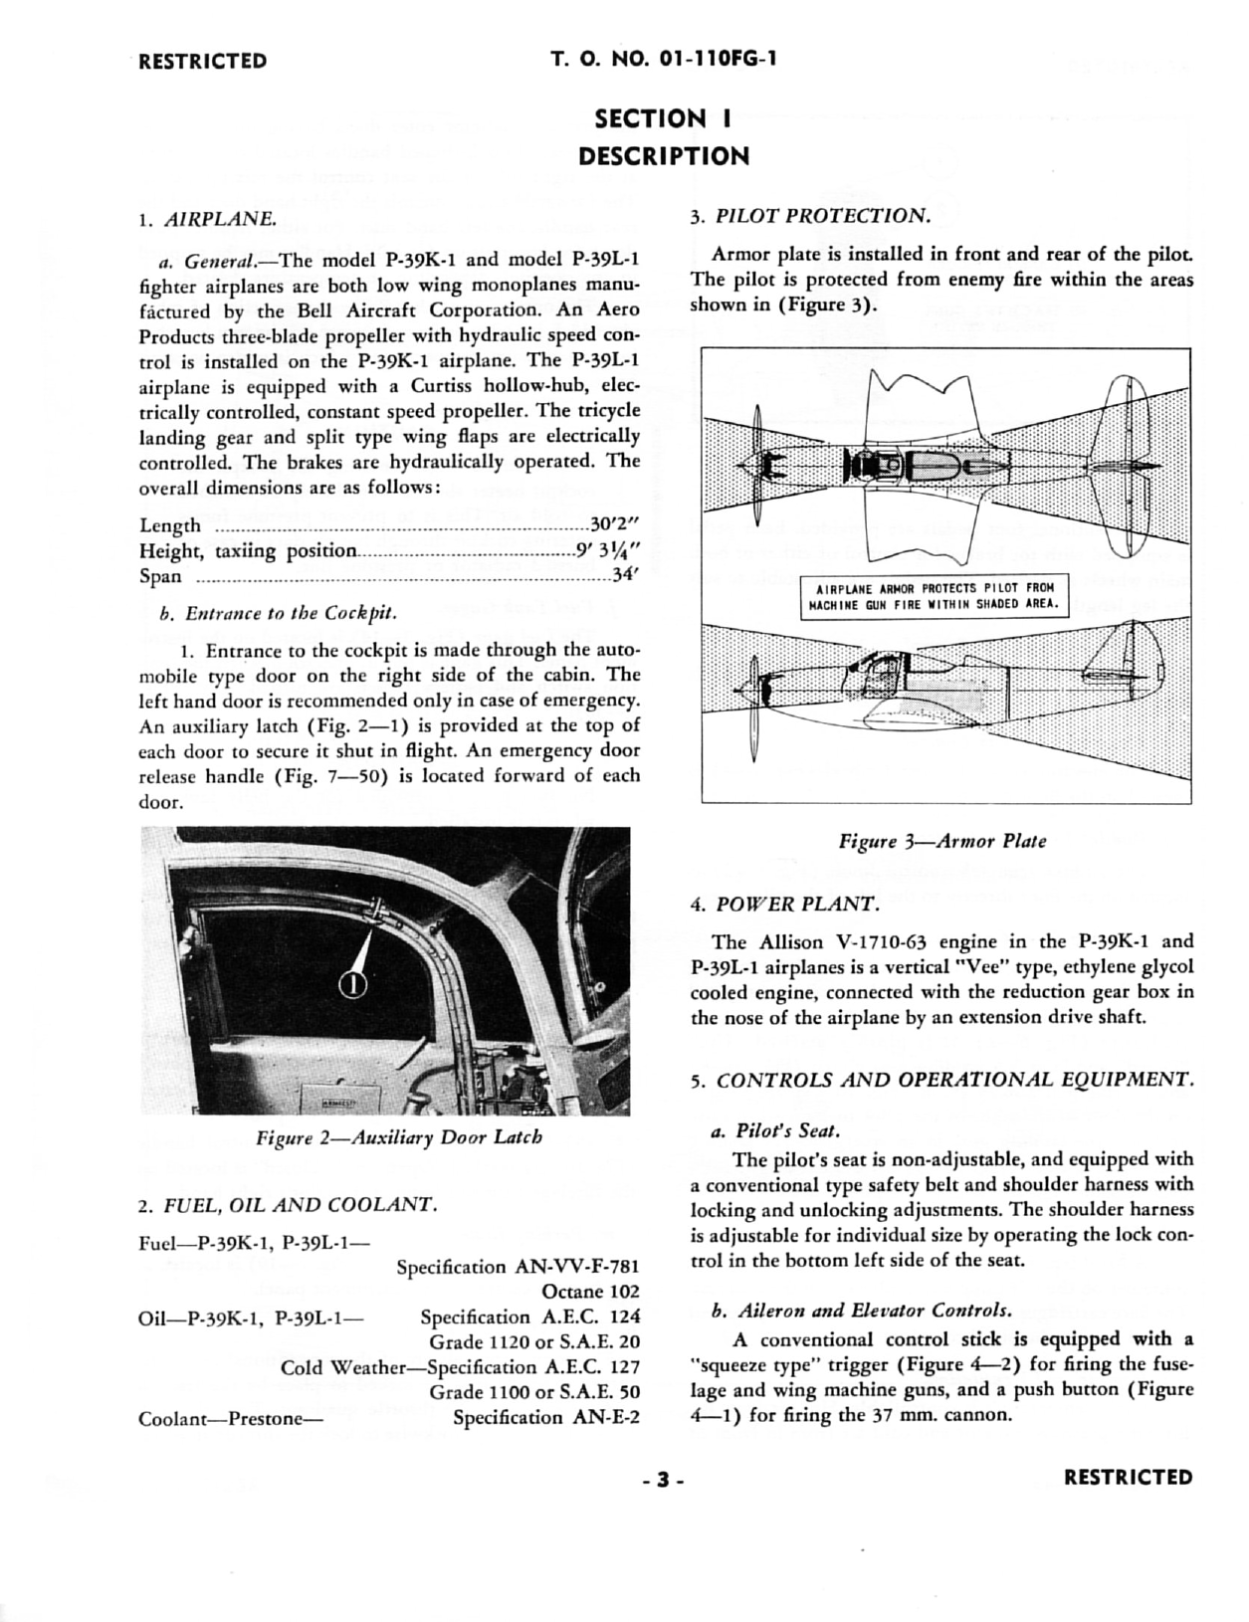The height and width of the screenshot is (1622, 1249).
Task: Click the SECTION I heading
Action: point(663,119)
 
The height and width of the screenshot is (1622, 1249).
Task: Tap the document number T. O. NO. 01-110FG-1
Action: point(664,60)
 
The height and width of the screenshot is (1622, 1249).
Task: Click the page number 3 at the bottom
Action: point(663,1480)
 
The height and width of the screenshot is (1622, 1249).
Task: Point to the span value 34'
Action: point(625,575)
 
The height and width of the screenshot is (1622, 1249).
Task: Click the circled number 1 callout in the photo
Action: point(353,984)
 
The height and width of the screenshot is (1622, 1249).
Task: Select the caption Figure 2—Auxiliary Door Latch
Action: point(398,1136)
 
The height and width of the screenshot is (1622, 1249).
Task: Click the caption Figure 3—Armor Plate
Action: point(941,841)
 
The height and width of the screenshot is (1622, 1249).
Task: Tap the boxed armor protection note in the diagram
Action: point(935,595)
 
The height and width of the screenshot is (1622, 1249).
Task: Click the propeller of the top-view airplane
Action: point(757,464)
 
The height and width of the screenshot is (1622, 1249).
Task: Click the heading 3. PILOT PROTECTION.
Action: point(810,216)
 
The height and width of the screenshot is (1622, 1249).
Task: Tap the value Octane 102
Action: point(590,1292)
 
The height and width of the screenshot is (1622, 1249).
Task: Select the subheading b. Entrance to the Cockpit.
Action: point(278,613)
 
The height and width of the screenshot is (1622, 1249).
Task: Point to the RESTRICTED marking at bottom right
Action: point(1128,1478)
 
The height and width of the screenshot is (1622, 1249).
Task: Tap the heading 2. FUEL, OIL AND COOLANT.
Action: point(288,1205)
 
